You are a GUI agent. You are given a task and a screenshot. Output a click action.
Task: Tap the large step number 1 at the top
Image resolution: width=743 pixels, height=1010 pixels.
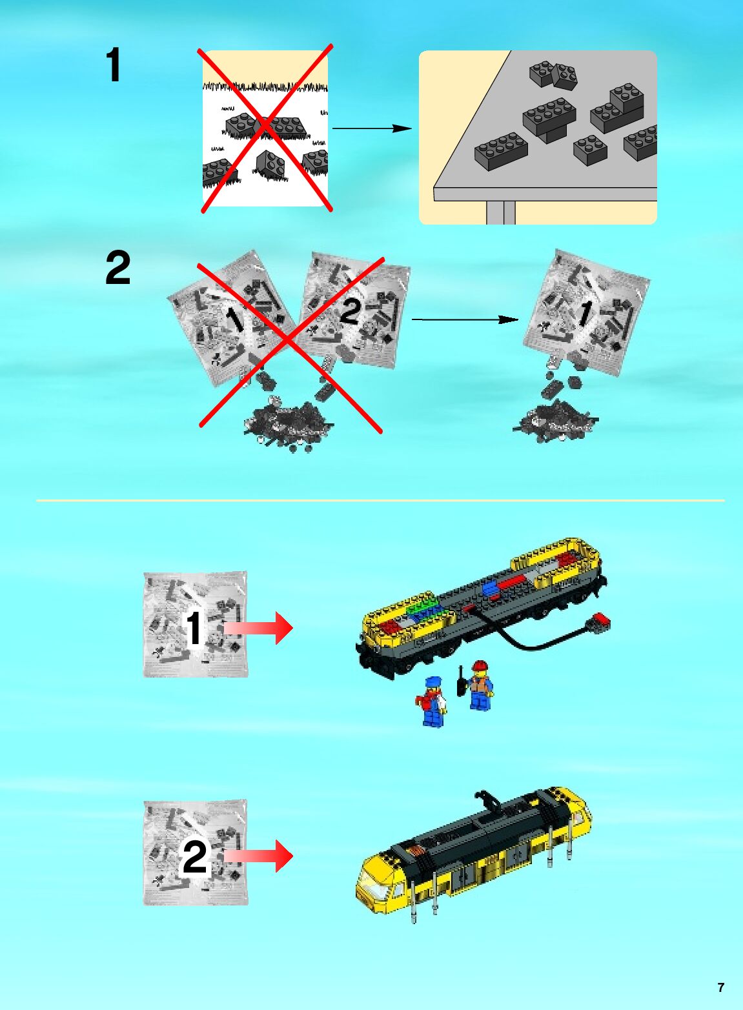[x=114, y=65]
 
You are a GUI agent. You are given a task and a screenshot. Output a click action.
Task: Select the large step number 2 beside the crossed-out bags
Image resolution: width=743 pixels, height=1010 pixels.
[x=117, y=268]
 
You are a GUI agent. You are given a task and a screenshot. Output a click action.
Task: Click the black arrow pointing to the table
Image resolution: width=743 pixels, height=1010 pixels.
[x=372, y=128]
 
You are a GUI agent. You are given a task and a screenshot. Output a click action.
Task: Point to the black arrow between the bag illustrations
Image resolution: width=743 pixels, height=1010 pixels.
[x=465, y=319]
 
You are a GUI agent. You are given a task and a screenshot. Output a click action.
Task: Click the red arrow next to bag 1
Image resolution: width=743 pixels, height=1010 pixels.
[x=258, y=628]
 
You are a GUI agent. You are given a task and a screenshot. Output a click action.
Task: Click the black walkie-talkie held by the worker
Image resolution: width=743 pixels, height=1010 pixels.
[x=461, y=682]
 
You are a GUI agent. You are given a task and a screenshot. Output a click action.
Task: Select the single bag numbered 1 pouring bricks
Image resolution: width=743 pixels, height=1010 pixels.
[x=587, y=313]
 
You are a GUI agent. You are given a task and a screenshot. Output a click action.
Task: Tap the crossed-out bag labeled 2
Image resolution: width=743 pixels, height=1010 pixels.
[x=354, y=310]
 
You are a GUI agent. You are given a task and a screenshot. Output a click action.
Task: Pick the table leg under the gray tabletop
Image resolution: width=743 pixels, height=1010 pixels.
[x=501, y=212]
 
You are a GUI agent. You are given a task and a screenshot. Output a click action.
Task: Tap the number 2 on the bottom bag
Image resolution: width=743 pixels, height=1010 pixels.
[x=195, y=857]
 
